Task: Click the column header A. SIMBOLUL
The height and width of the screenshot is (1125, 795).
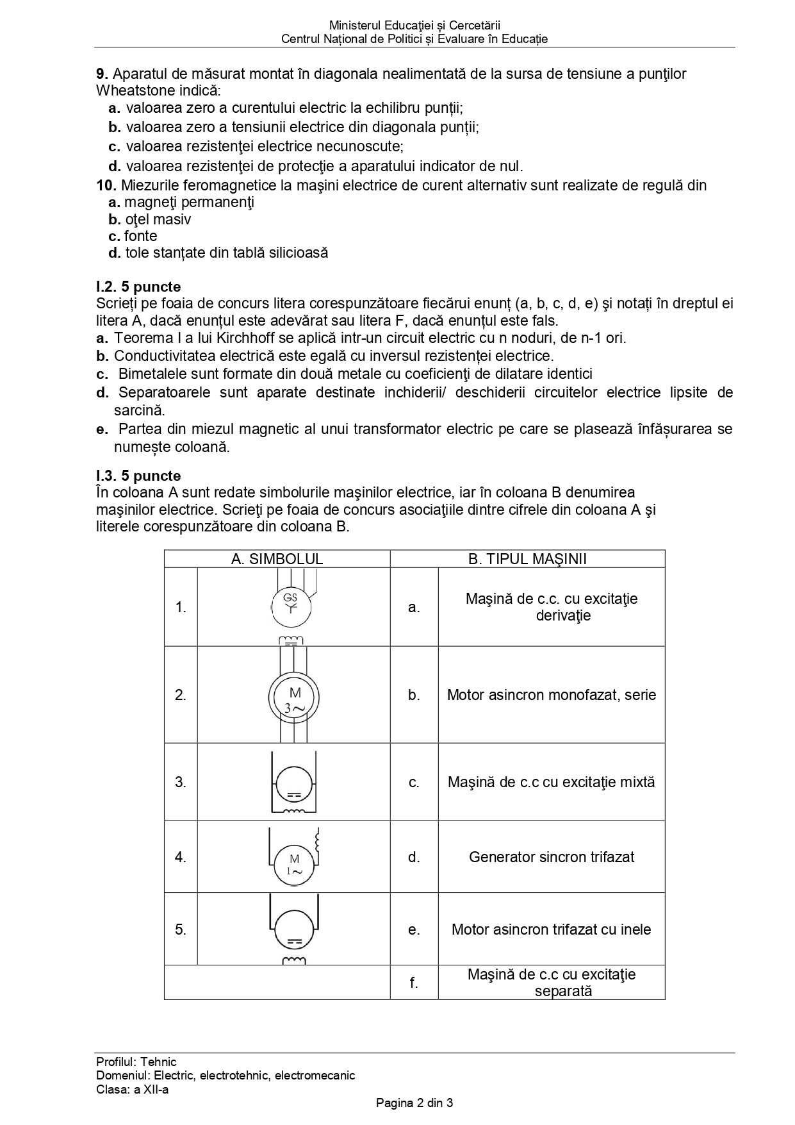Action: coord(277,559)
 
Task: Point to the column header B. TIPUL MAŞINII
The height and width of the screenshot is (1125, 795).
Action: coord(527,559)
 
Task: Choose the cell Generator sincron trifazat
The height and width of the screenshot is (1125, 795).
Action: coord(552,857)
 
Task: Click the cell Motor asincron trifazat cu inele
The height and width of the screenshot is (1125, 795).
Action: coord(551,929)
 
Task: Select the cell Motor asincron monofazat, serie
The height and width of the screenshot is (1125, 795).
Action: coord(552,695)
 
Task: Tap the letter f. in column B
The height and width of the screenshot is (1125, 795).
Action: coord(414,983)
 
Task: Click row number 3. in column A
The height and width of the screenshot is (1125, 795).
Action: coord(181,782)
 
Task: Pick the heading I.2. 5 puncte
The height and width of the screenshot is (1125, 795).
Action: coord(138,287)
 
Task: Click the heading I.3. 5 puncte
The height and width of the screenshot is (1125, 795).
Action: coord(138,476)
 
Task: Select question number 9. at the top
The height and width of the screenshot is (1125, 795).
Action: coord(101,74)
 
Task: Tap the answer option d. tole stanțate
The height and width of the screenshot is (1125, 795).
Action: coord(218,253)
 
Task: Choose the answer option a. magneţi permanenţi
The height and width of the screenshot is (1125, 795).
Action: coord(181,203)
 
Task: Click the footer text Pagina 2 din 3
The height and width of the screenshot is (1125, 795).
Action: coord(414,1103)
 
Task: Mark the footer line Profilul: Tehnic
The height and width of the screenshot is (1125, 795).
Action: coord(136,1062)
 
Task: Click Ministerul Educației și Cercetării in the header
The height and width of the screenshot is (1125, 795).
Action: coord(414,26)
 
